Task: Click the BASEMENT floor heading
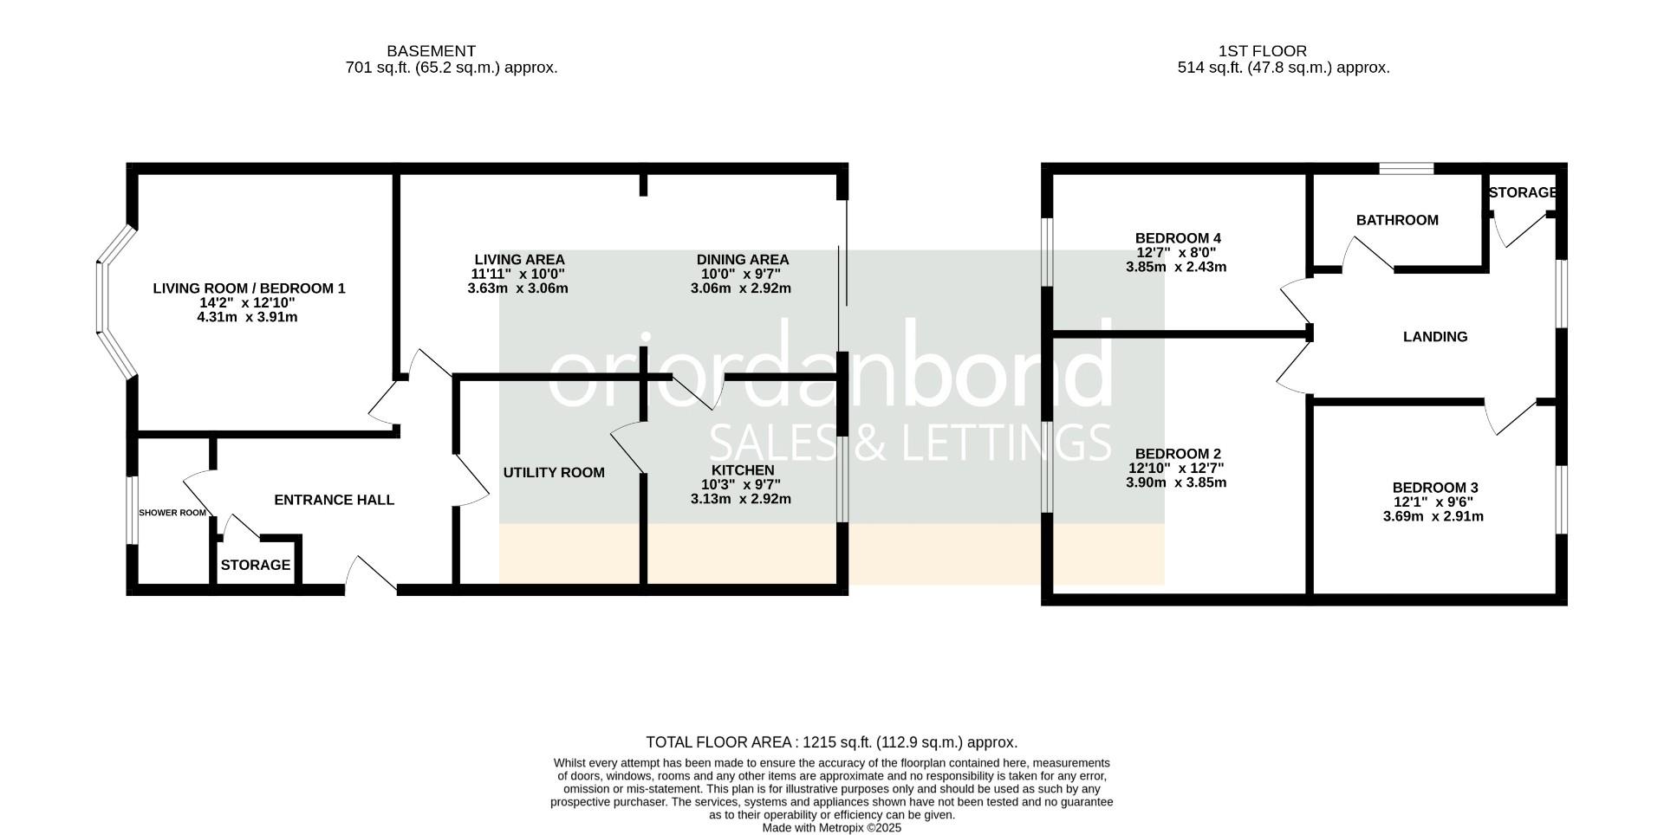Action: [431, 51]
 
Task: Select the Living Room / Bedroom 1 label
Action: [249, 288]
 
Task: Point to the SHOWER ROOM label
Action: [172, 513]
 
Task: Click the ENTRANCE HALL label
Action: [334, 500]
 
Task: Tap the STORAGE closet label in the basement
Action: [255, 566]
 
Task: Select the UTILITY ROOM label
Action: [554, 473]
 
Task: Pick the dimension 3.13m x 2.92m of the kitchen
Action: [740, 499]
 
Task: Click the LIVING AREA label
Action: [519, 260]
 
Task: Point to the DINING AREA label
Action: [742, 260]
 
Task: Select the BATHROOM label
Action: [1396, 221]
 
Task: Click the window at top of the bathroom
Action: [1406, 169]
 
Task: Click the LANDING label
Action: [1434, 337]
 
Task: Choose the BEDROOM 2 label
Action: [1177, 454]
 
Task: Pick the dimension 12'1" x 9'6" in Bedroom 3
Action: [1432, 502]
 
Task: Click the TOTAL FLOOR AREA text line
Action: [831, 742]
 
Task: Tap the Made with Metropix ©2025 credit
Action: [831, 828]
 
